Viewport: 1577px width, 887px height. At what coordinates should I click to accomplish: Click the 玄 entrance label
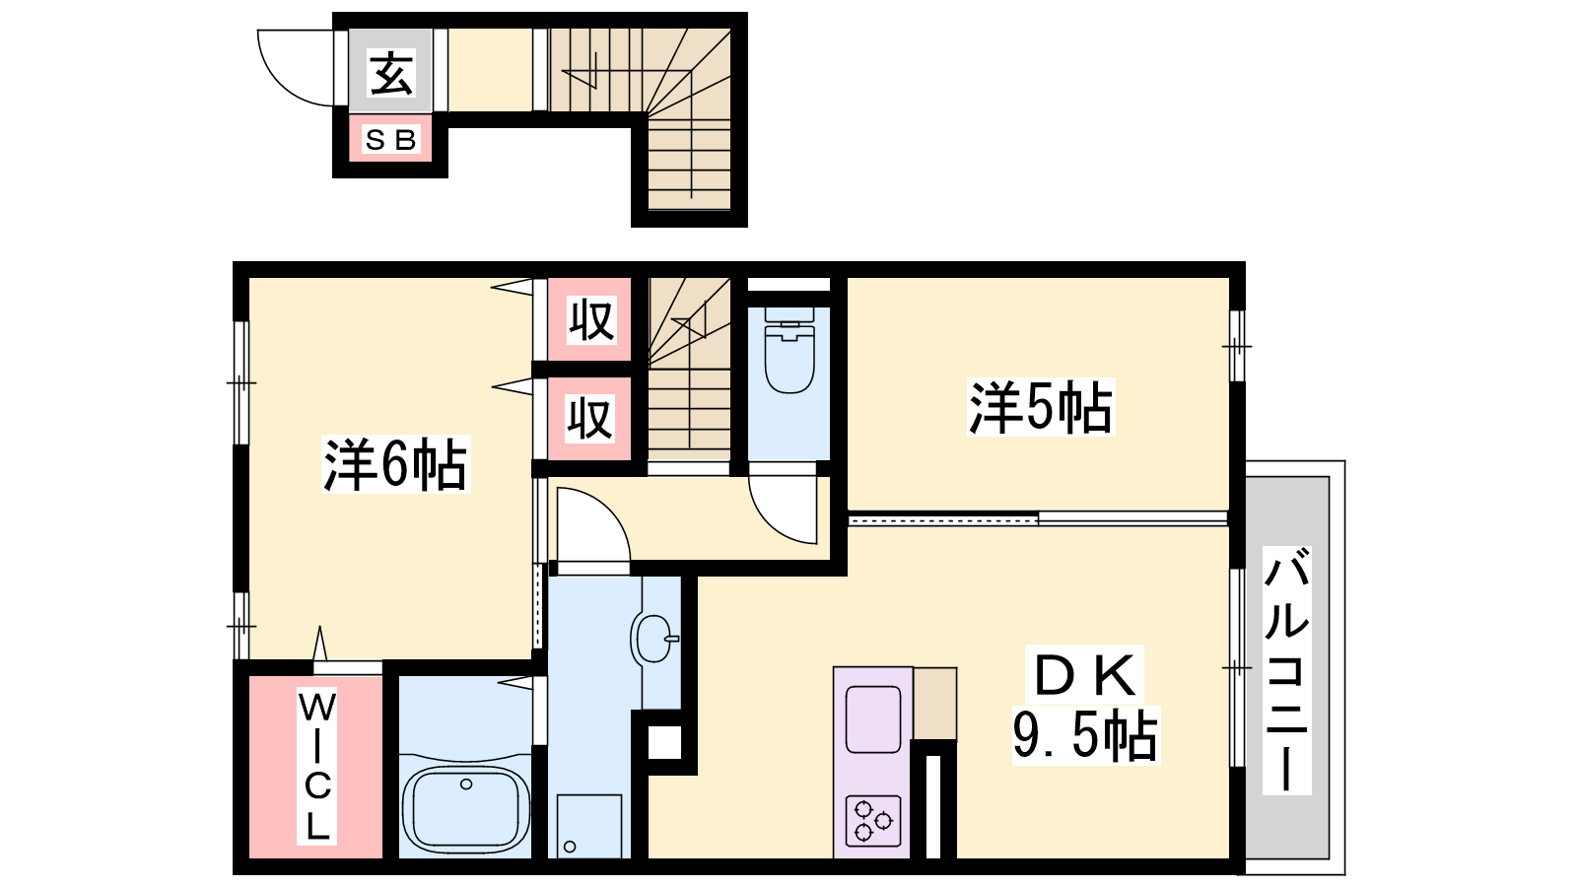click(x=391, y=73)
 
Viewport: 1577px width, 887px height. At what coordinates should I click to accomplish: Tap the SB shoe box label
click(x=390, y=140)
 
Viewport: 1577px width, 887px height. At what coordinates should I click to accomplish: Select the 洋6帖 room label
click(x=395, y=464)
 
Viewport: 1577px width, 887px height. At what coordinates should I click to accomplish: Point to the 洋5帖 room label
click(x=1041, y=407)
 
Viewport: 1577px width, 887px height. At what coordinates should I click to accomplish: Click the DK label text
click(x=1084, y=675)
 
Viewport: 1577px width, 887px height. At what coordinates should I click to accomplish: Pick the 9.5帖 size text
click(x=1085, y=735)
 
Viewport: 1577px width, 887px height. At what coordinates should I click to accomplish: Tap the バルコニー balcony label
click(x=1286, y=670)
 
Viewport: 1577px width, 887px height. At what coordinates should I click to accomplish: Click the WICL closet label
click(x=316, y=766)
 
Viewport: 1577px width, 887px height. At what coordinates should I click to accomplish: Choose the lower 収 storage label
click(x=590, y=419)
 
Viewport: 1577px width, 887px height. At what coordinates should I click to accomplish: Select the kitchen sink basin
click(x=873, y=719)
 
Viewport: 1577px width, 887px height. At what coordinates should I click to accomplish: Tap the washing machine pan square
click(x=589, y=827)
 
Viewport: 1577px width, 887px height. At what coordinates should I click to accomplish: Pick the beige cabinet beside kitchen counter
click(x=935, y=704)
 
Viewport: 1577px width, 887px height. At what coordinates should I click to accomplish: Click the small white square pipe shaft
click(x=664, y=742)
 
